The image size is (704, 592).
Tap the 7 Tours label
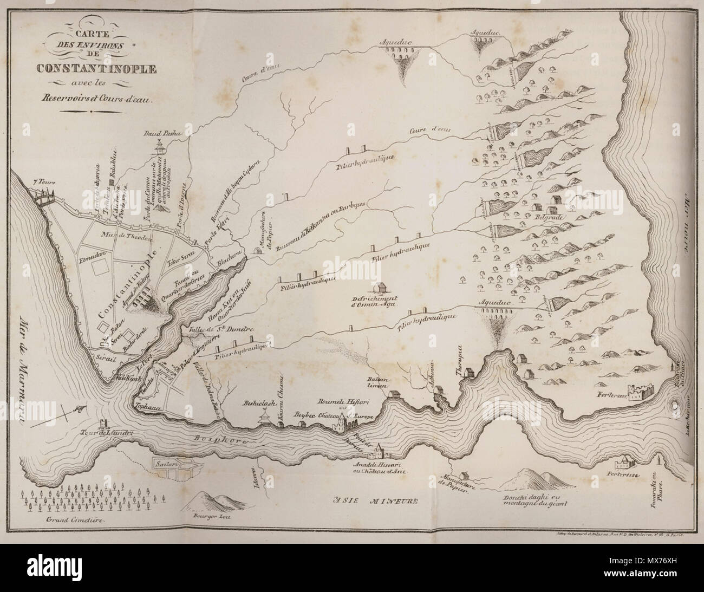(x=44, y=183)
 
